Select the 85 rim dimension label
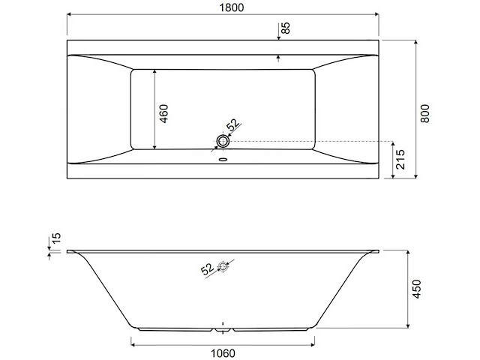point(286,29)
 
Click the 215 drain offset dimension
point(402,160)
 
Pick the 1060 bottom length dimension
point(223,353)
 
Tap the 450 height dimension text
point(418,289)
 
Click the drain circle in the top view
point(222,141)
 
